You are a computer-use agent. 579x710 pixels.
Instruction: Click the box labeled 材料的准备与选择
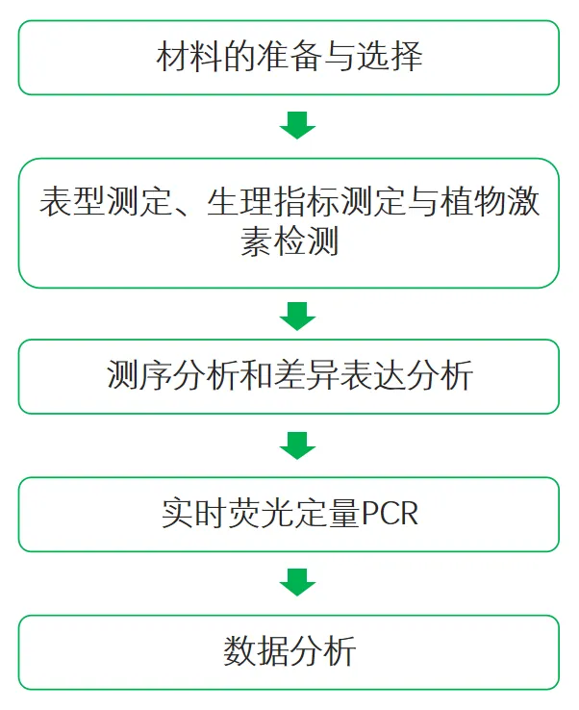(289, 58)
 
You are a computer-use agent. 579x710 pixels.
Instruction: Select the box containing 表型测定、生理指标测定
(289, 222)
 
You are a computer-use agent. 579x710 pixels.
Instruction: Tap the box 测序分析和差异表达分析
(289, 376)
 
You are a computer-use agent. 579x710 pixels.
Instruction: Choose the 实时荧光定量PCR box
(289, 514)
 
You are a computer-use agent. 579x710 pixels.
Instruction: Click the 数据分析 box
(289, 652)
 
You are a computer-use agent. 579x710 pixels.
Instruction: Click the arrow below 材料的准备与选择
(296, 124)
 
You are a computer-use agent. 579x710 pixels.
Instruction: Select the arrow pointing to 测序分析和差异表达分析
(296, 314)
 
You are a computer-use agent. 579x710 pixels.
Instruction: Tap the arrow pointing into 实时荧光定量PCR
(296, 444)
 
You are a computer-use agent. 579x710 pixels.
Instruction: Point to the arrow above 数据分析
(296, 582)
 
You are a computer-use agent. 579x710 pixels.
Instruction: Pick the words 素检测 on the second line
(289, 242)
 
